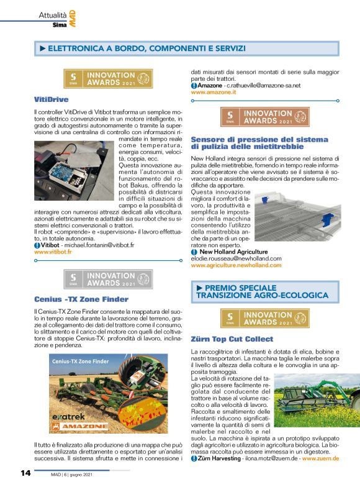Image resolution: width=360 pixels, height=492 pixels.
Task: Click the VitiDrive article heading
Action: point(51,99)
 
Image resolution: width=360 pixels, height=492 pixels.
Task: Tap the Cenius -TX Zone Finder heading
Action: point(81,299)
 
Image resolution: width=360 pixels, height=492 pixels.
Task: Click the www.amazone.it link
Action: point(214,92)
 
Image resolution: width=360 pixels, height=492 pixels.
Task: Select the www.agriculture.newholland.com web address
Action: point(236,265)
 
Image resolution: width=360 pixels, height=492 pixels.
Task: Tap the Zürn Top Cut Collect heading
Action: point(232,339)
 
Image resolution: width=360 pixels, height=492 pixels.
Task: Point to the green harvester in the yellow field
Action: point(307,396)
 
